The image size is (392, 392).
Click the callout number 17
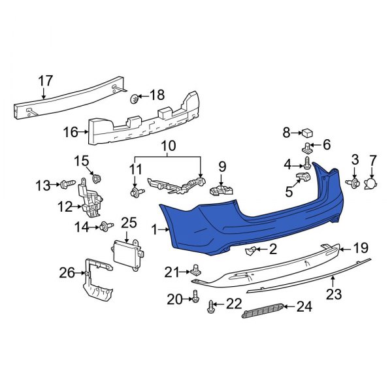coord(44,80)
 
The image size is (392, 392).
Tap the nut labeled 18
coord(135,99)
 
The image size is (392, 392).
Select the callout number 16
coord(70,133)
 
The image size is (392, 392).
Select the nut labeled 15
coord(97,178)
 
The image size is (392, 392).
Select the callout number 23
coord(334,295)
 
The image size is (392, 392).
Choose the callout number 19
coord(361,248)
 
